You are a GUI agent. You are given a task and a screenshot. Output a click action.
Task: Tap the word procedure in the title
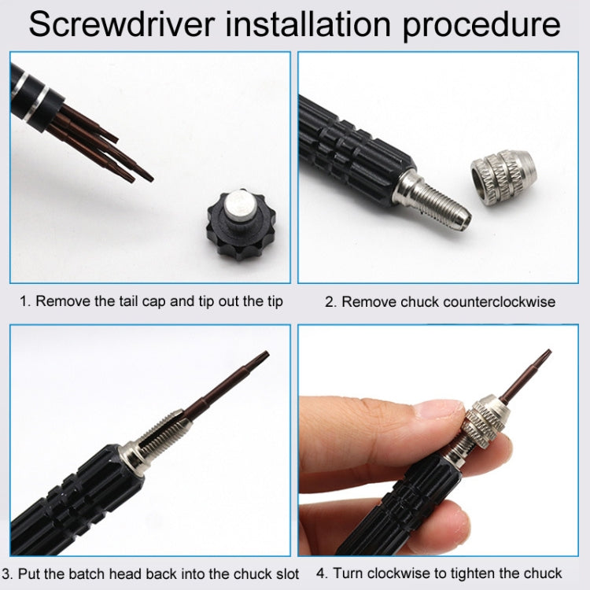(481, 25)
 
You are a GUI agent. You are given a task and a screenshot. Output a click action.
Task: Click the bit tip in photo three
(260, 360)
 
